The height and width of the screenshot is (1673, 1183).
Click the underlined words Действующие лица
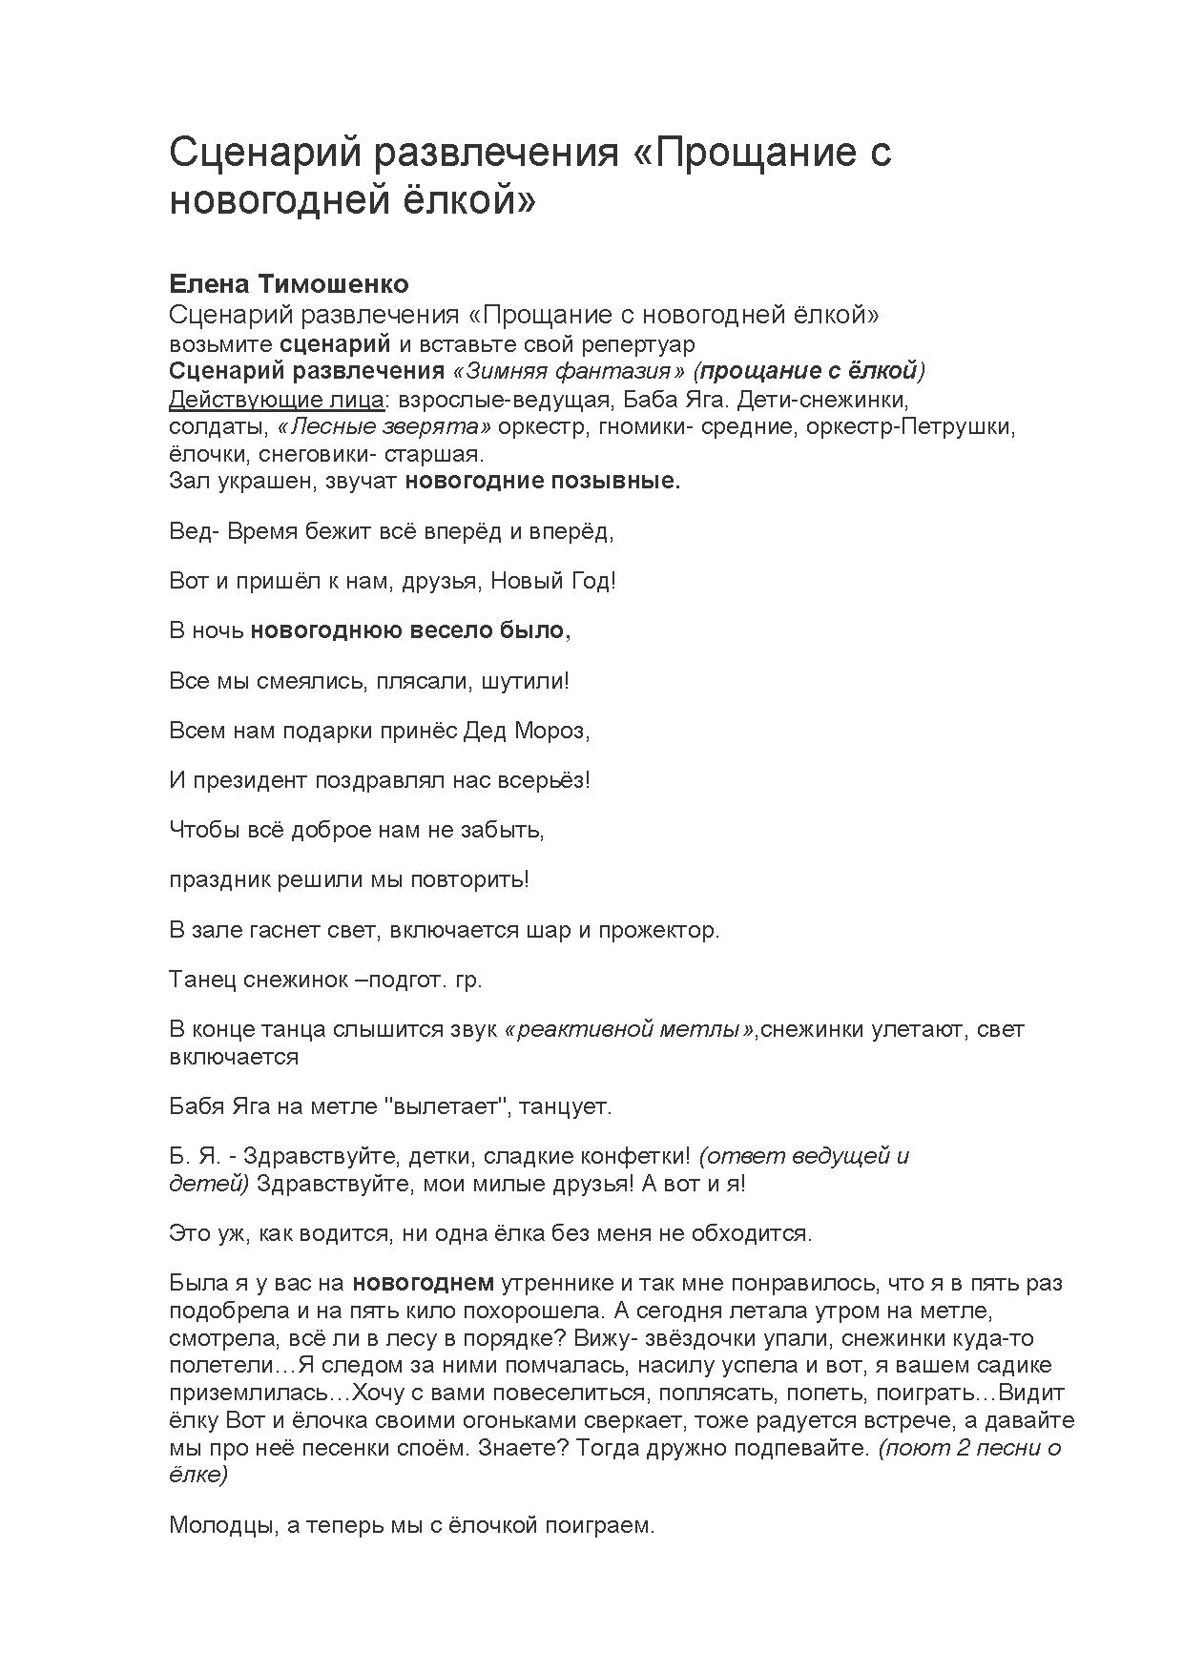276,398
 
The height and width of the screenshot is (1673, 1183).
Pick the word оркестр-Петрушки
910,425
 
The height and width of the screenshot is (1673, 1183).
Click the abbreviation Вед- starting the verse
194,531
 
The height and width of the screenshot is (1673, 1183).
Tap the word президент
249,780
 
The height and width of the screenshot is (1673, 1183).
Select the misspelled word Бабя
197,1106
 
